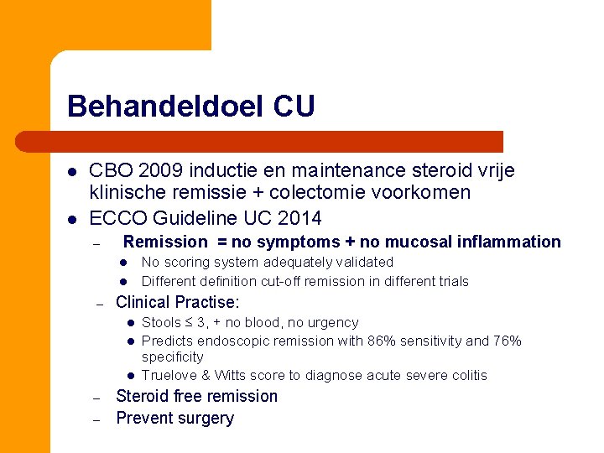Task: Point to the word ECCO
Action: [114, 218]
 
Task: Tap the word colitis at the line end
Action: [467, 375]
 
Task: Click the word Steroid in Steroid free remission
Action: [143, 396]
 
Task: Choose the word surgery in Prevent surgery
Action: [205, 418]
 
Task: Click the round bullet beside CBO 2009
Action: [72, 171]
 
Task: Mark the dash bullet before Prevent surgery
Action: [97, 419]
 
